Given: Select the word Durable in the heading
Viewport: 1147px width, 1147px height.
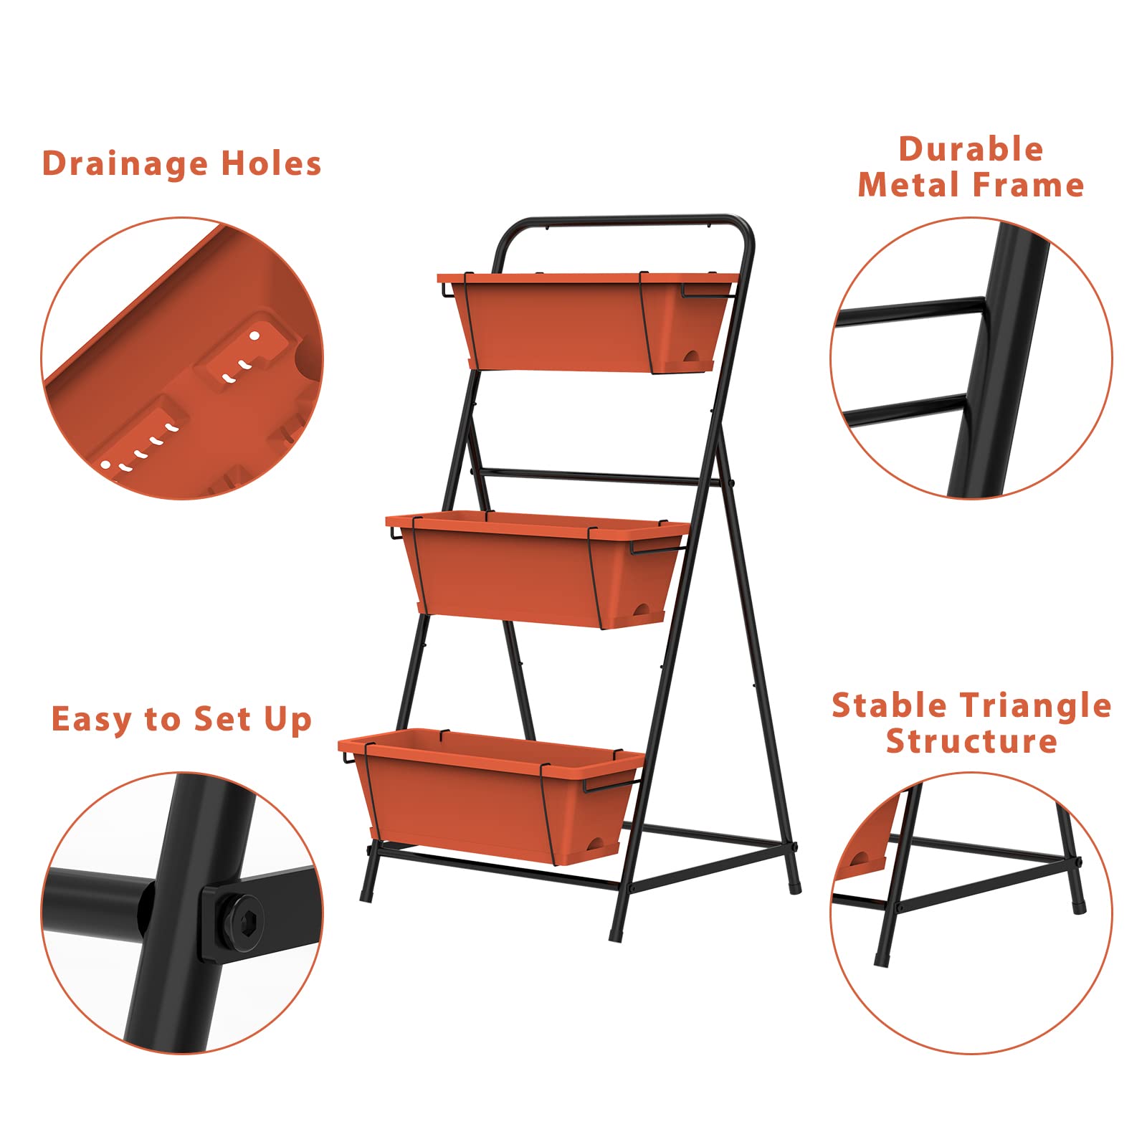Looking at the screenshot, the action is pos(971,149).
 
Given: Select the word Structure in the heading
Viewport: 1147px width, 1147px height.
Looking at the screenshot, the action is pos(971,741).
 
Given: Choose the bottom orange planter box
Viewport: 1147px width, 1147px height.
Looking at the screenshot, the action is pos(492,796).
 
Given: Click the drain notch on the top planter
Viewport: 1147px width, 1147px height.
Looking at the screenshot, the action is pos(693,356).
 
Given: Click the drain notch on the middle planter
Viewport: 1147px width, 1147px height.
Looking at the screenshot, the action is pos(641,611).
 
